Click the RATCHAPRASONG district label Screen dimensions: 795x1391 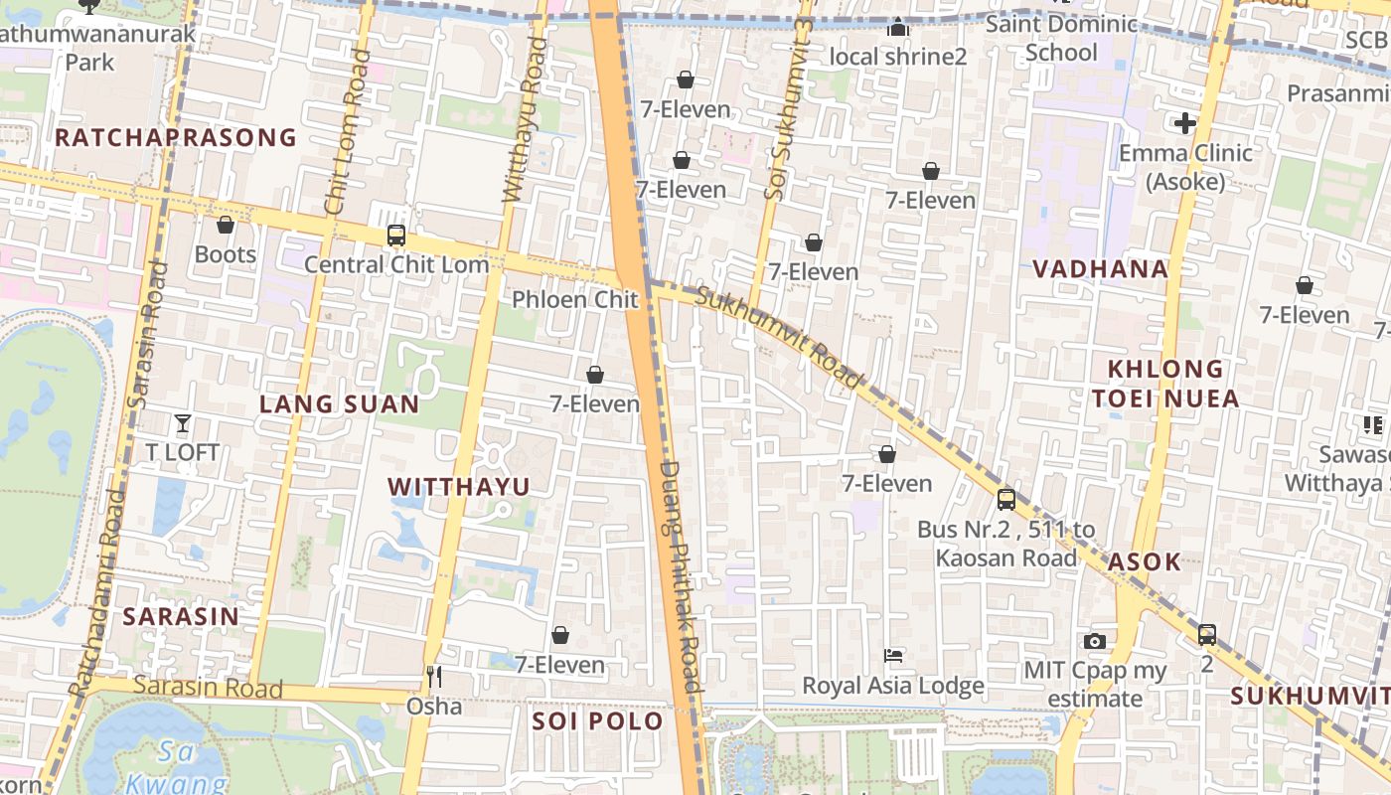tap(176, 137)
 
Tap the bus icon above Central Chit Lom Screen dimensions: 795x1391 tap(395, 236)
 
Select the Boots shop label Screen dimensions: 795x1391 tap(226, 254)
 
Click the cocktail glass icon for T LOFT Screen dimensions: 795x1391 tap(183, 423)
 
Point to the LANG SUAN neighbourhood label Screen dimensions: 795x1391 tap(339, 404)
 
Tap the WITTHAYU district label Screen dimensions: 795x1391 tap(458, 486)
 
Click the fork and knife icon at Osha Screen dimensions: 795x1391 tap(433, 677)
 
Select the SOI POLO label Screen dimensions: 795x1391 tap(597, 721)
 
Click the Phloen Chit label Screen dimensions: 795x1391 tap(574, 299)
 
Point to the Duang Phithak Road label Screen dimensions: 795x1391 tap(682, 576)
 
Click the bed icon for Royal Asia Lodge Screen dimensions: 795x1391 tap(893, 656)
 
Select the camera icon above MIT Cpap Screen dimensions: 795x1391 tap(1095, 641)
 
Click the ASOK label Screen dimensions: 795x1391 tap(1145, 561)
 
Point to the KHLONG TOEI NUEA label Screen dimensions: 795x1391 tap(1165, 384)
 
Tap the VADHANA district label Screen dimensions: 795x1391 tap(1100, 268)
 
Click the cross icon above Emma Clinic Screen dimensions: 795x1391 tap(1184, 123)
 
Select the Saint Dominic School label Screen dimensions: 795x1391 tap(1061, 38)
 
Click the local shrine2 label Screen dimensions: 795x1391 tap(897, 57)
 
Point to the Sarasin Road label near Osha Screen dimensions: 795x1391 tap(208, 687)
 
